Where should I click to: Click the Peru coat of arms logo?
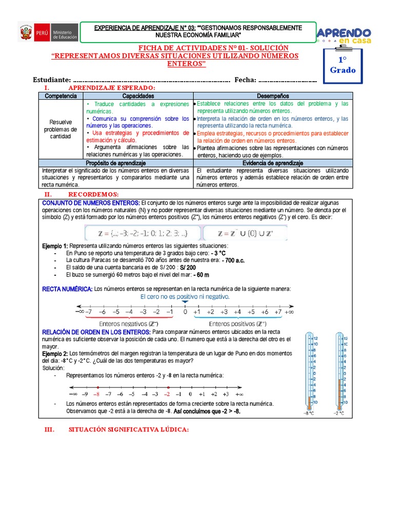26,33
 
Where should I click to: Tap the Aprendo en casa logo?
346,35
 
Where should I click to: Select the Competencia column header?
61,96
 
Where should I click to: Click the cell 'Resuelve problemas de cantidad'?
61,129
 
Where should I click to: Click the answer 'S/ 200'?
188,268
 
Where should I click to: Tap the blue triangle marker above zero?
185,303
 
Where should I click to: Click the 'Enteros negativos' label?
129,325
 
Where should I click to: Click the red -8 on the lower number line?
95,394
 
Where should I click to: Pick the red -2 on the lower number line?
166,394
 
